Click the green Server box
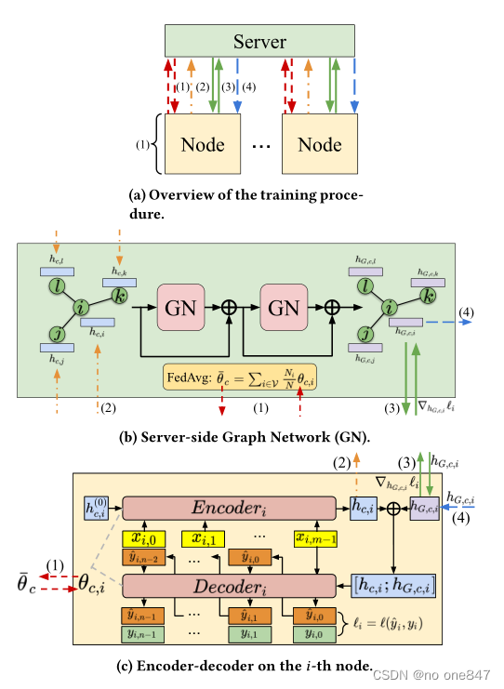coord(259,41)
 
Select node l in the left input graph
coord(59,283)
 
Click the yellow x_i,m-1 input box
coord(313,538)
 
